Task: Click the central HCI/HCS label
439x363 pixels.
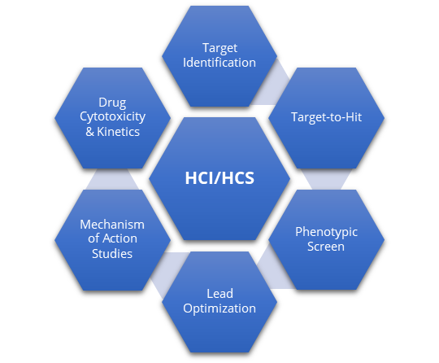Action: click(219, 178)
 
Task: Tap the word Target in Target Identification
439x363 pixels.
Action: click(219, 48)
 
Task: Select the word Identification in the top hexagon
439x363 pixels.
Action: click(219, 62)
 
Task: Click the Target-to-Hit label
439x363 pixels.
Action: click(327, 117)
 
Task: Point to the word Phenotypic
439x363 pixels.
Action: click(327, 233)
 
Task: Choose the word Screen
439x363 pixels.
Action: click(326, 247)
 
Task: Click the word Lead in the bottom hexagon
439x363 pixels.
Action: click(219, 294)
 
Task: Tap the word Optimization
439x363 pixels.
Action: click(219, 308)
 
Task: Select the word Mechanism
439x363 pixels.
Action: click(112, 225)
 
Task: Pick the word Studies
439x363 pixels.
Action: click(112, 254)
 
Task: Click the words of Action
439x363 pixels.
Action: click(112, 238)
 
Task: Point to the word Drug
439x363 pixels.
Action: click(112, 103)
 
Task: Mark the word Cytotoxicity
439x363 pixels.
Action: click(112, 117)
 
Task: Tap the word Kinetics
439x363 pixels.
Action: click(118, 132)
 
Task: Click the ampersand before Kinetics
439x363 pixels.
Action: click(89, 132)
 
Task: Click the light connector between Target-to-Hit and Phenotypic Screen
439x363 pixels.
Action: click(327, 179)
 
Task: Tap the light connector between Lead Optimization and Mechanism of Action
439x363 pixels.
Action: click(168, 270)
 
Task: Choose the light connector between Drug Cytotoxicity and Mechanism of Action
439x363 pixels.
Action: click(112, 179)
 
